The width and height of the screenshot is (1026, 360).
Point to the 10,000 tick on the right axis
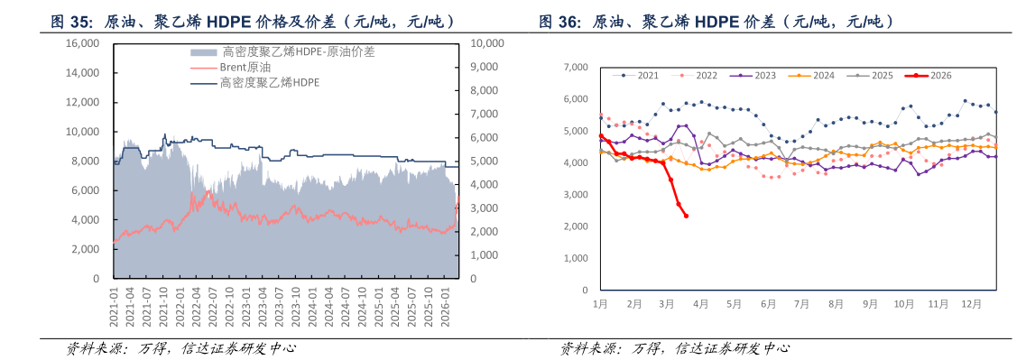pyautogui.click(x=488, y=43)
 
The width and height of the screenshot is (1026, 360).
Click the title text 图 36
pyautogui.click(x=559, y=21)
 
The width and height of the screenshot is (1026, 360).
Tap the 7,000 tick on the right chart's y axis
pyautogui.click(x=576, y=67)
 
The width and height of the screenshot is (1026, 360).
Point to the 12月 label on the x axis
pyautogui.click(x=972, y=304)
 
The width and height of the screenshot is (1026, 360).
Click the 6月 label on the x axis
pyautogui.click(x=768, y=304)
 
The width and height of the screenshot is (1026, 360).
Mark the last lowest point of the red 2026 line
pyautogui.click(x=687, y=216)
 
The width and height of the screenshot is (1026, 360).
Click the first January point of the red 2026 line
pyautogui.click(x=601, y=136)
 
